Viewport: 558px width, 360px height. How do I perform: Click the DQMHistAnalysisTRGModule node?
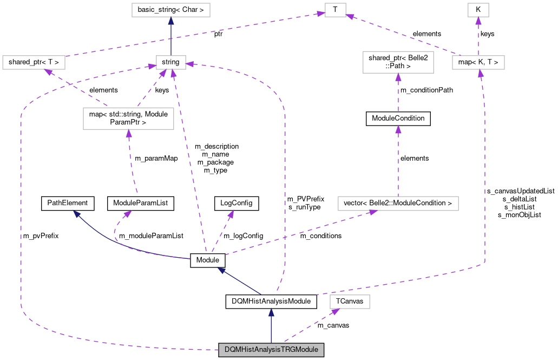[x=271, y=350]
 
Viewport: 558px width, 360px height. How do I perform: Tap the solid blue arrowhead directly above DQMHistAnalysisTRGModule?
[x=271, y=312]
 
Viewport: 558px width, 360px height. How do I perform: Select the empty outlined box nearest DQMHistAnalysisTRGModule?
[x=350, y=302]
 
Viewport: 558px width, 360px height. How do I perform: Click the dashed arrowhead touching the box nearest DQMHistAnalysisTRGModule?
[x=335, y=311]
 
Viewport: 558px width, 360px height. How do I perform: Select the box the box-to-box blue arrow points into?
[x=171, y=10]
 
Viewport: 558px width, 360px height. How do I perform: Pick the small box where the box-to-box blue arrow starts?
[x=171, y=62]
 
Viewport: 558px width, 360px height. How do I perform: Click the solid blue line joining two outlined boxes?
[x=171, y=38]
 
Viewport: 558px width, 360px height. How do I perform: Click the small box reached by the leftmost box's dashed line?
[x=335, y=10]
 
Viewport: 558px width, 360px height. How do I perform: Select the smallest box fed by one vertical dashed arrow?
[x=478, y=10]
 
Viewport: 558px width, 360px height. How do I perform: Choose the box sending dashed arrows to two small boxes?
[x=478, y=62]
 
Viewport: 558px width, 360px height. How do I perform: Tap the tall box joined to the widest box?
[x=398, y=62]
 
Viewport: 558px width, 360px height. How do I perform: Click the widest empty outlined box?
[x=398, y=204]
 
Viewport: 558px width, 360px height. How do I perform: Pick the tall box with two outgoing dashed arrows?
[x=128, y=119]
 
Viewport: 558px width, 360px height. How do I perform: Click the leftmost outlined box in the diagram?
[x=34, y=62]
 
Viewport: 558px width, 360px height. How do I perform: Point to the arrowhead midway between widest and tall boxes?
[x=398, y=129]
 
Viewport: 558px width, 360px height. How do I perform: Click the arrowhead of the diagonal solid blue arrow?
[x=222, y=270]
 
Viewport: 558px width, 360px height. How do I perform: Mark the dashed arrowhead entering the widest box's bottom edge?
[x=372, y=212]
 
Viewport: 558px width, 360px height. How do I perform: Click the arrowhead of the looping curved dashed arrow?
[x=127, y=214]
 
